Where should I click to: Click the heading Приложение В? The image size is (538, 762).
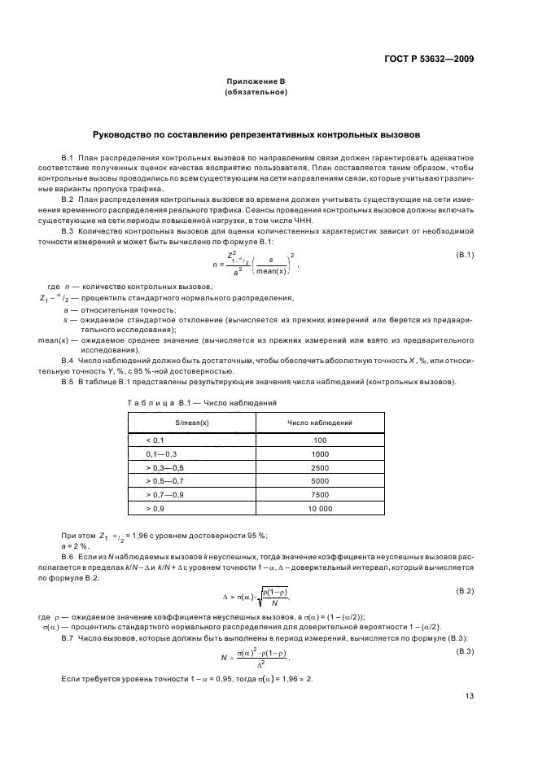pyautogui.click(x=256, y=83)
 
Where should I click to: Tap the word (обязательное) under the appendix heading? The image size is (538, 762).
pyautogui.click(x=256, y=94)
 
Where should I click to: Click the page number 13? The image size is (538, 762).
pyautogui.click(x=469, y=696)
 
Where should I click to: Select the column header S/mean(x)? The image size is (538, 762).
pyautogui.click(x=191, y=423)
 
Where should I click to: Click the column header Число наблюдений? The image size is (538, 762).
pyautogui.click(x=319, y=423)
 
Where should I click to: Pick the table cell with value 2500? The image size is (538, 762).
pyautogui.click(x=319, y=467)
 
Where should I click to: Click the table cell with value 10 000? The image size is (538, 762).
pyautogui.click(x=319, y=509)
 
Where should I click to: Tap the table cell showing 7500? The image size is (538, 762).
pyautogui.click(x=319, y=495)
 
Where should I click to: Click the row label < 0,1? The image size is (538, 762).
pyautogui.click(x=155, y=440)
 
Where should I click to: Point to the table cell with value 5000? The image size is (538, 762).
pyautogui.click(x=319, y=481)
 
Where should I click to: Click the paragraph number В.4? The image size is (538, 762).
pyautogui.click(x=68, y=360)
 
